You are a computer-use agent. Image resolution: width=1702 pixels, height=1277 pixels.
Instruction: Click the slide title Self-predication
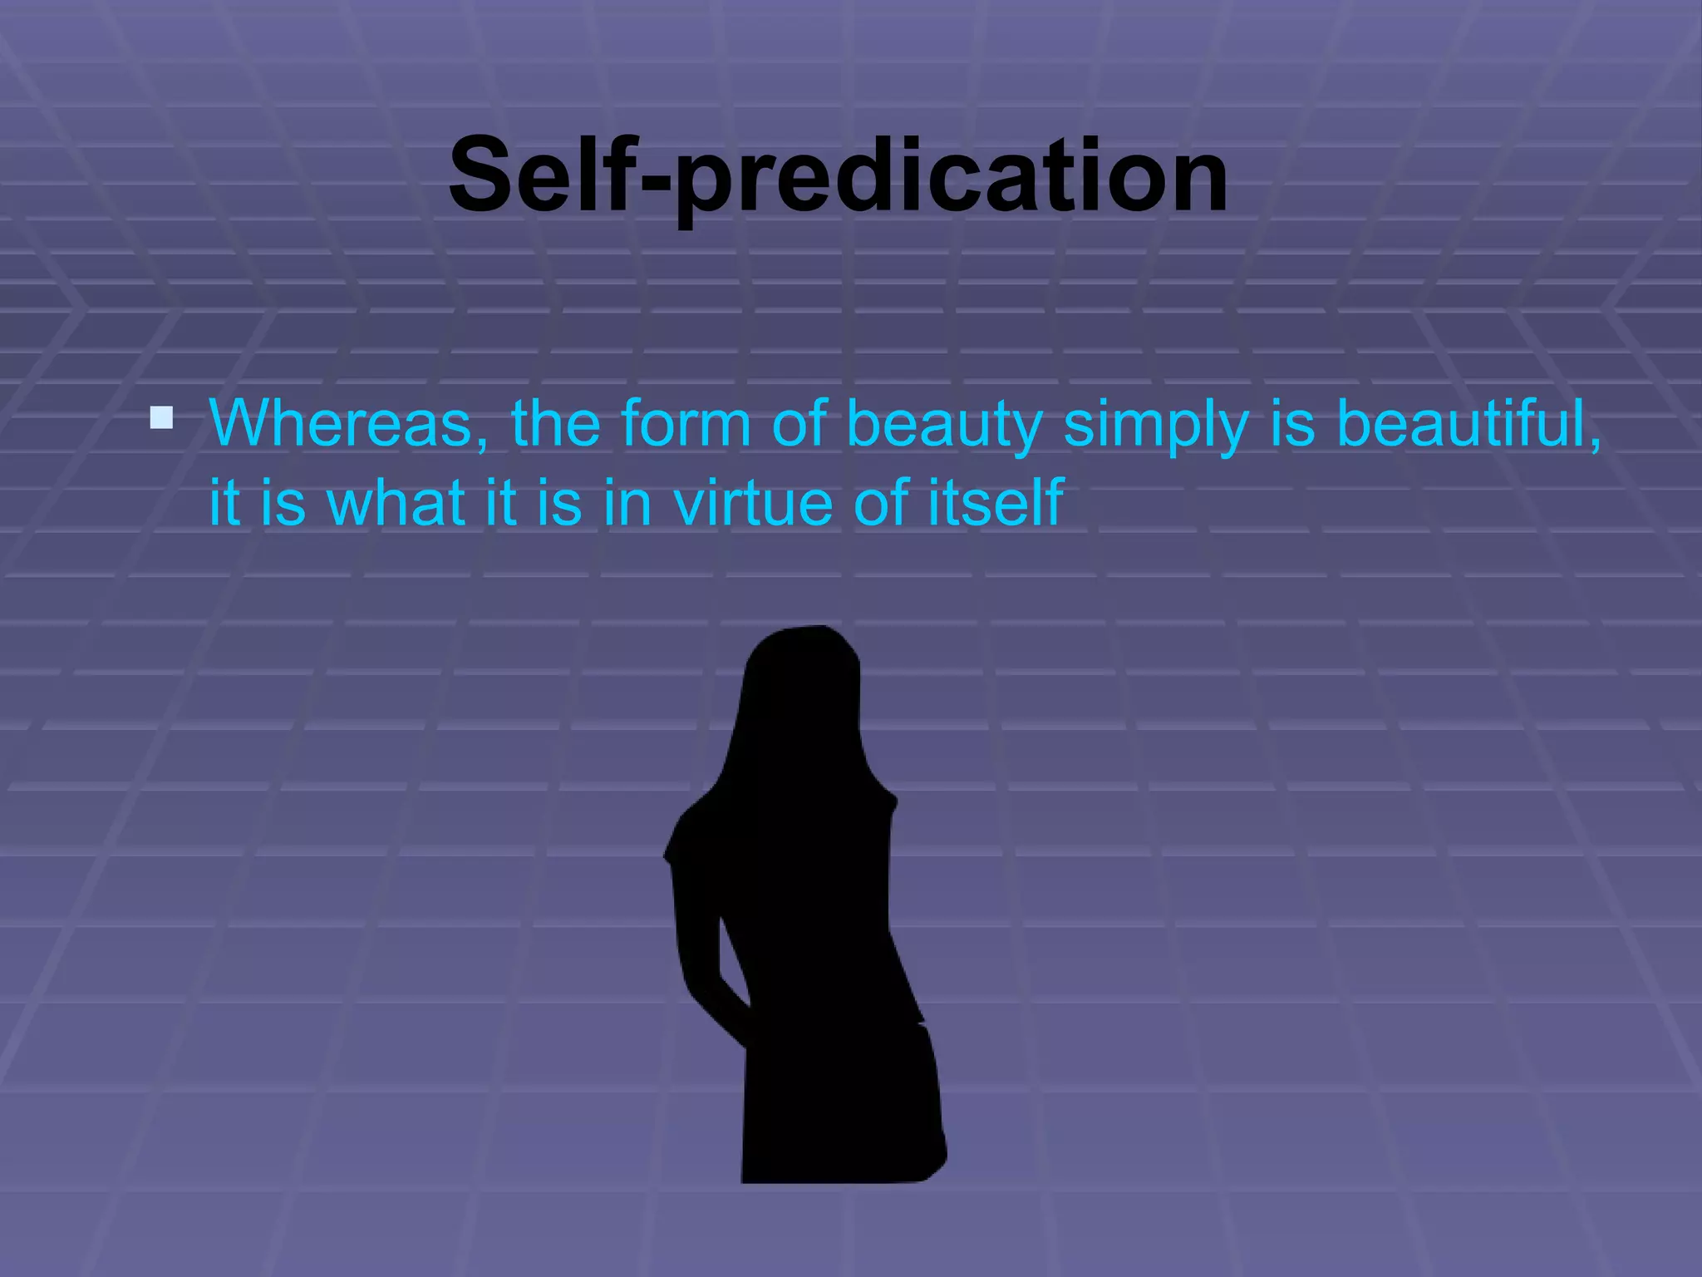point(838,176)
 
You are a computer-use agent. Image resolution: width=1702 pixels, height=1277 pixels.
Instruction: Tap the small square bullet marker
point(161,417)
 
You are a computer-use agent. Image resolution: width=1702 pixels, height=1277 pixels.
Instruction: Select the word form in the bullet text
point(686,424)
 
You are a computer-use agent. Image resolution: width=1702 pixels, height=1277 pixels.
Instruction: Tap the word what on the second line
point(396,503)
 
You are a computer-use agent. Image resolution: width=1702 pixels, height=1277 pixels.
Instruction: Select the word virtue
point(753,503)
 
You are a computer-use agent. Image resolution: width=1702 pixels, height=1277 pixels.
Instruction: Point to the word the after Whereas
point(555,424)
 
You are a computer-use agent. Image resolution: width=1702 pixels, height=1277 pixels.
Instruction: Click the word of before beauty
point(799,424)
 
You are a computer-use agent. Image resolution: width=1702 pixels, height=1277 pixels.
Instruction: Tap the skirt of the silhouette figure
point(839,1106)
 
